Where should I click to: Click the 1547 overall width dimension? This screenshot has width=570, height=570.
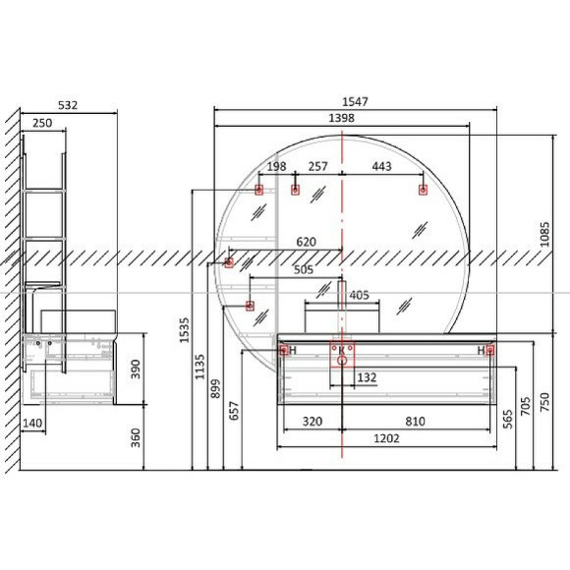click(355, 102)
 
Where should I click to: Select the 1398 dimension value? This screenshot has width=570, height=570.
click(341, 118)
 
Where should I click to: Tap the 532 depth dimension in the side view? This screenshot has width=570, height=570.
click(68, 105)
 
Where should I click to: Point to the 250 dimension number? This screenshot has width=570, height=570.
click(42, 123)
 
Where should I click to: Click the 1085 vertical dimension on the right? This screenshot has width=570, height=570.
click(544, 235)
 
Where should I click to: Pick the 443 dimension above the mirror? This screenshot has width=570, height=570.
click(381, 166)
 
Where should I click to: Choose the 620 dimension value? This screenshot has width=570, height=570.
click(306, 242)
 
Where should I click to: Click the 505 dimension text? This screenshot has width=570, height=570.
click(304, 269)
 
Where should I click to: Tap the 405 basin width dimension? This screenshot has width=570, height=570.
click(359, 295)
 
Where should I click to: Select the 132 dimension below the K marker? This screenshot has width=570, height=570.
click(367, 377)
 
